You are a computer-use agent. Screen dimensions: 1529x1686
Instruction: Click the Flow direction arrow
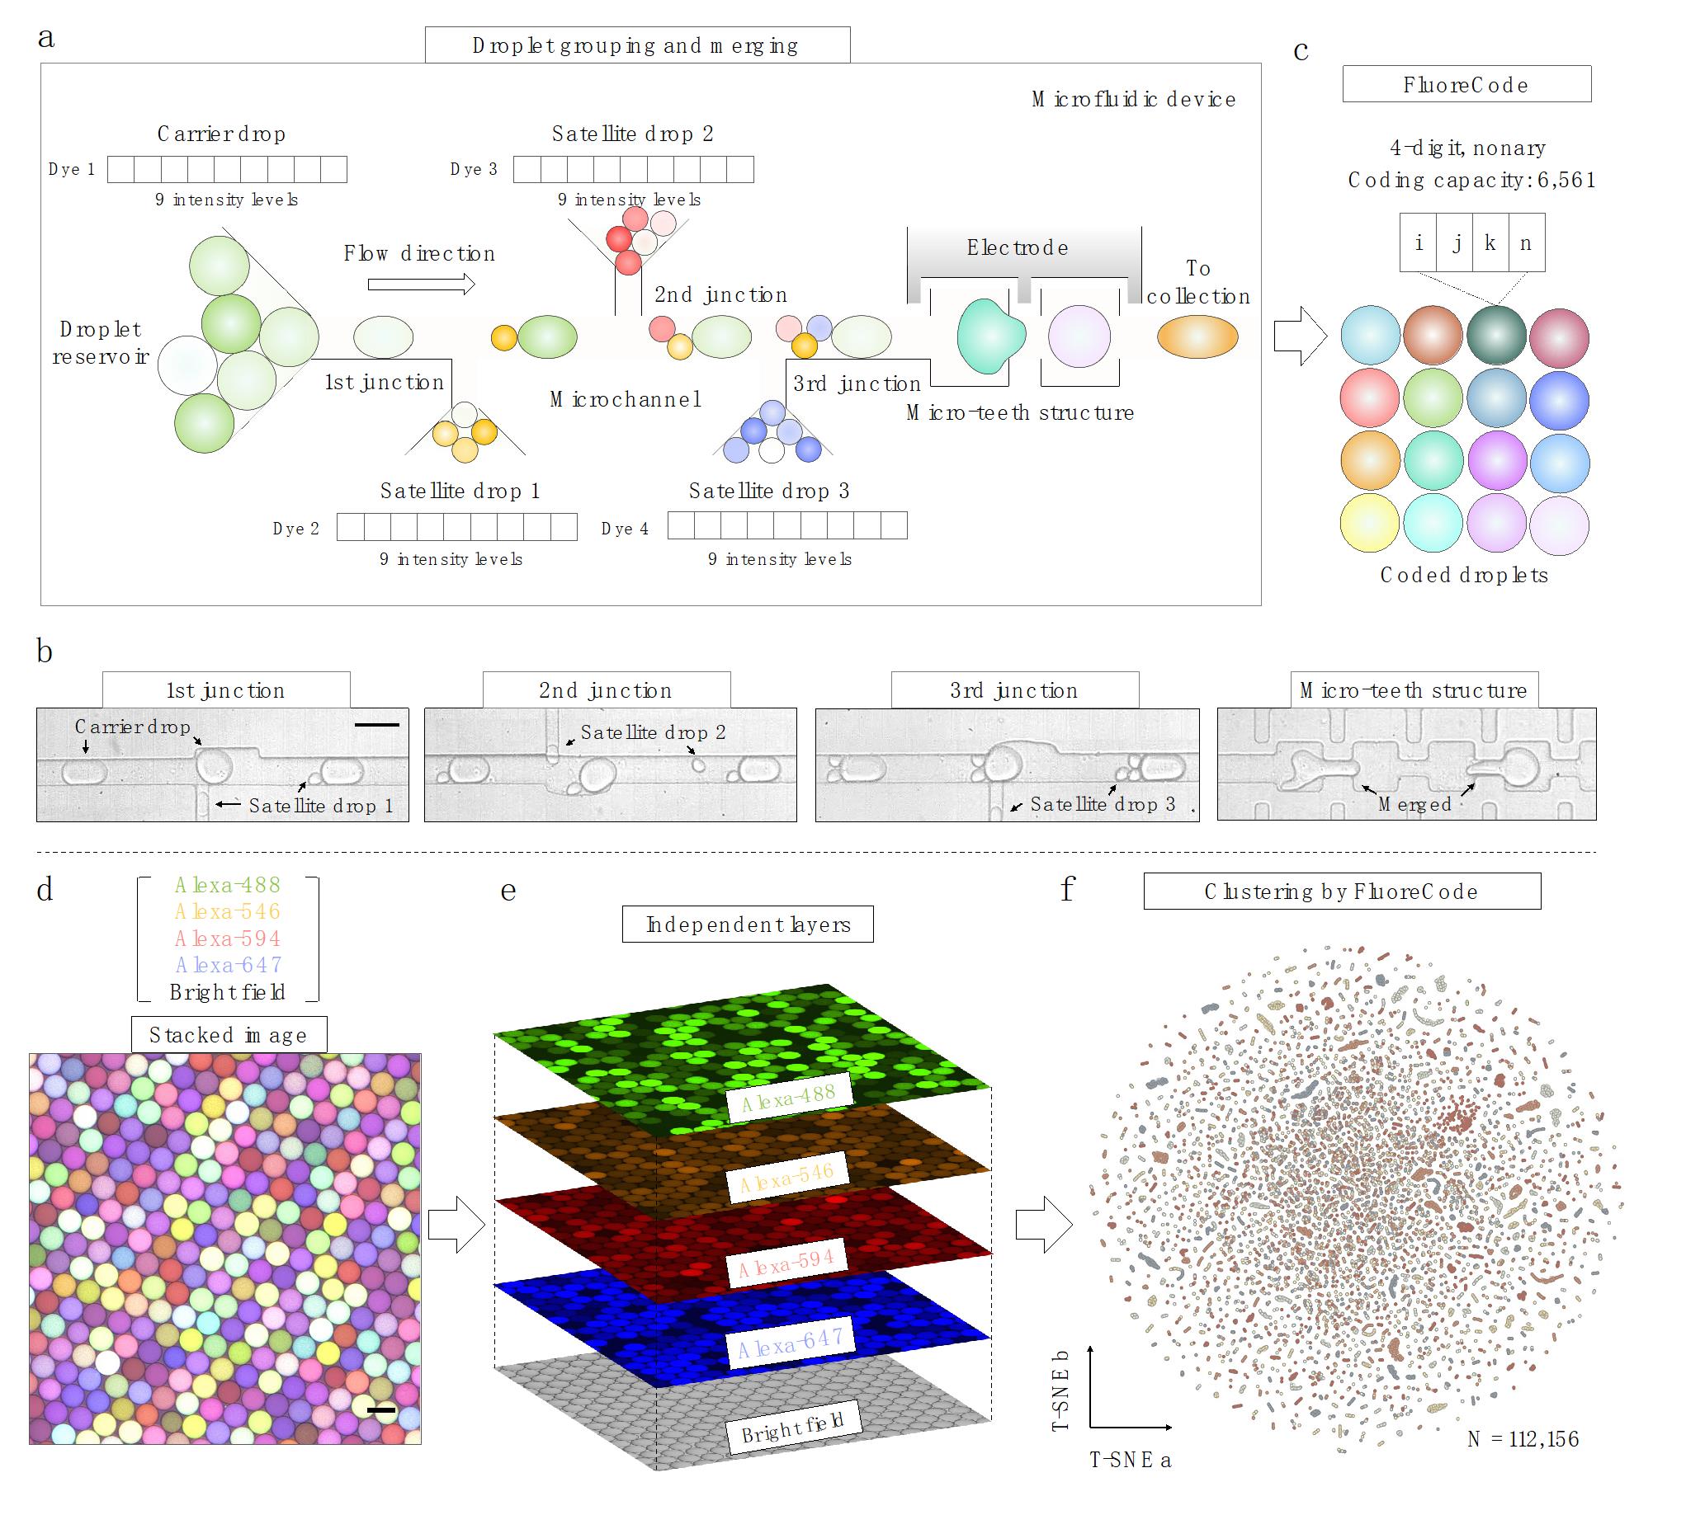421,285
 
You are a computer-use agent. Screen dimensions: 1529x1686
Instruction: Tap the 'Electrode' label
1017,247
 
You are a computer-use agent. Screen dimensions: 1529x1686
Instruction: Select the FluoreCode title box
1466,84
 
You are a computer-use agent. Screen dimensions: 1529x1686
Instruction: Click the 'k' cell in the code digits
1490,242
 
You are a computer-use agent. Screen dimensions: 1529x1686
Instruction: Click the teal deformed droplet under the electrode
989,336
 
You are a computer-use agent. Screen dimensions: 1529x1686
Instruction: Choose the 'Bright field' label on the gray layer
792,1433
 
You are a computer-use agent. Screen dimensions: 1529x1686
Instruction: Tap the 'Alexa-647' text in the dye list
228,965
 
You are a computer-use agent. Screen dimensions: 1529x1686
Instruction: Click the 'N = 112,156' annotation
1523,1439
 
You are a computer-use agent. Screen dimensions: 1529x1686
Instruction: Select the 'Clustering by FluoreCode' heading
1340,892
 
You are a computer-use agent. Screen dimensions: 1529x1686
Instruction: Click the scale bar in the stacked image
380,1410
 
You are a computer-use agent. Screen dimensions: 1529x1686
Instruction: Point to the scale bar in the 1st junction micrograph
376,725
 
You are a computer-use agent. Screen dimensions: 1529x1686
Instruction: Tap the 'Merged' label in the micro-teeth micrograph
1414,804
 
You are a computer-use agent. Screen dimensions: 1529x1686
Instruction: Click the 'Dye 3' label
474,169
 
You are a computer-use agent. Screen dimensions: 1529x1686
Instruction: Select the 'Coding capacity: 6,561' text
1471,180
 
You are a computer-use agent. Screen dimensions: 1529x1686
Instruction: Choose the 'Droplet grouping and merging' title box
636,45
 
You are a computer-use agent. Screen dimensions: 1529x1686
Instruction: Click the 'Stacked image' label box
229,1035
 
